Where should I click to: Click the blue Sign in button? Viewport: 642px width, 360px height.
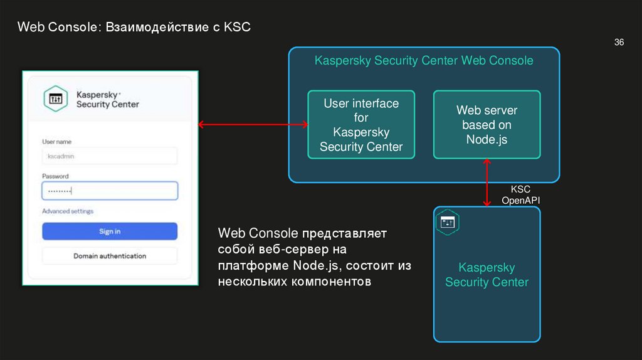click(x=110, y=231)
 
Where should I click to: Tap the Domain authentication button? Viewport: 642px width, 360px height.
click(x=110, y=256)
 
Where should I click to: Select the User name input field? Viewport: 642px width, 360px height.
click(x=110, y=156)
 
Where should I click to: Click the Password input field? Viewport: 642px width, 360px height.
click(x=110, y=191)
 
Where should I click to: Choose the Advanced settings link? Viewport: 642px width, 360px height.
click(x=68, y=211)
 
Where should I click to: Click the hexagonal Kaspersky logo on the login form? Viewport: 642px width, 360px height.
click(x=56, y=98)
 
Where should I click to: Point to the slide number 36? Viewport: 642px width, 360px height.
click(x=619, y=43)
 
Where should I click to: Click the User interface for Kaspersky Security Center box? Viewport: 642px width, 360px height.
click(x=360, y=125)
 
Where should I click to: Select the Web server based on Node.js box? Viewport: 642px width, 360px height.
click(x=487, y=125)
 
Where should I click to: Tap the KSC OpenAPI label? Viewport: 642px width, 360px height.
click(x=520, y=194)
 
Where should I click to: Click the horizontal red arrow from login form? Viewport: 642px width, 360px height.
click(x=253, y=125)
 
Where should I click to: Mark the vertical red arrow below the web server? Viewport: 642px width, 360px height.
click(x=487, y=183)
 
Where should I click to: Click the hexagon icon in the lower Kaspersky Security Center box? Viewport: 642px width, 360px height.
click(x=448, y=222)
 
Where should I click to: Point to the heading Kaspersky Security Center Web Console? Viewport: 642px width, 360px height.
click(x=424, y=61)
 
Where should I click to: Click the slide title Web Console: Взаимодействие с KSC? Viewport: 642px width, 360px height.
click(x=134, y=27)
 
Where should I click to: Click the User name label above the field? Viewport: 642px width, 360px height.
click(x=56, y=142)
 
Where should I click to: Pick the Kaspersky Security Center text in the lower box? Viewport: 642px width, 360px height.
click(x=487, y=275)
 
